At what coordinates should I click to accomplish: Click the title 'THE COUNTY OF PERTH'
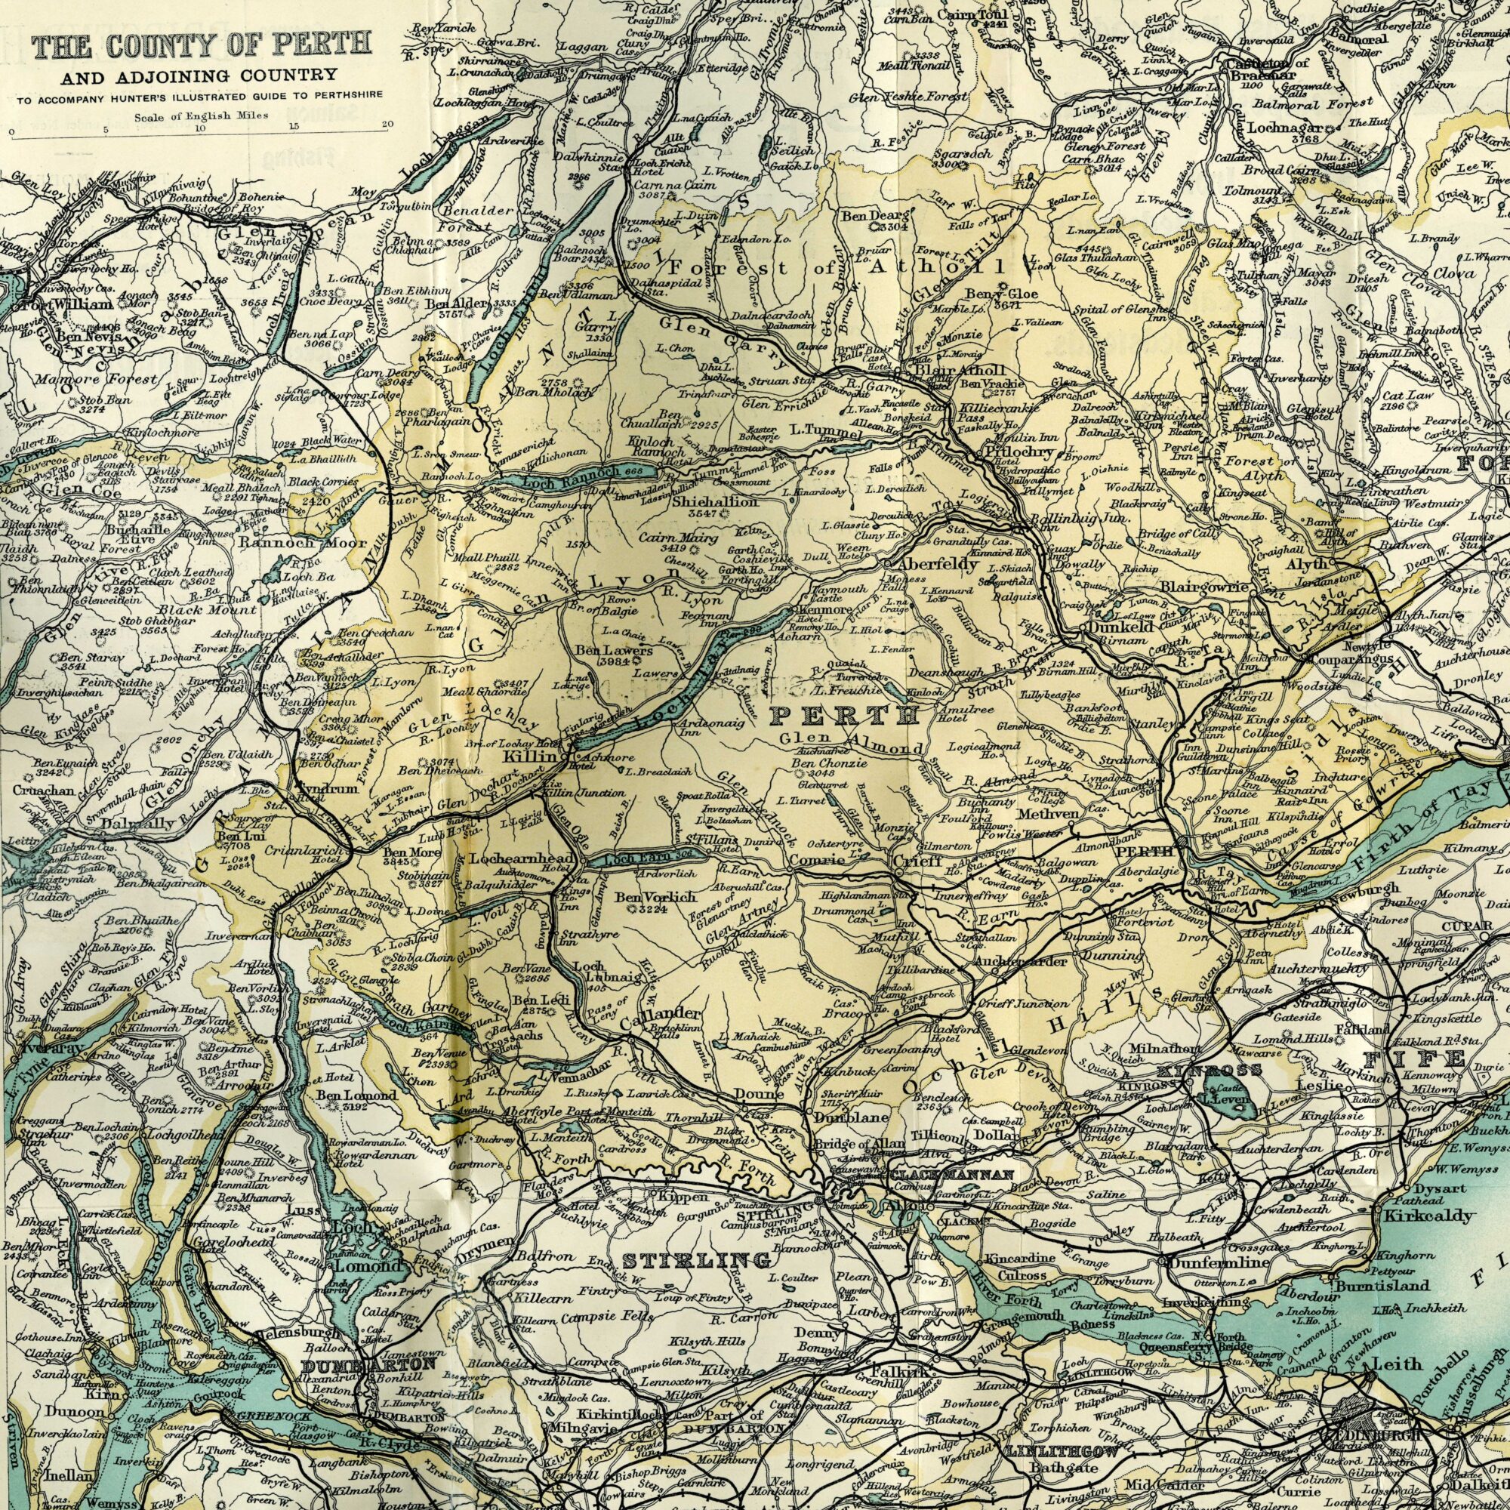click(202, 44)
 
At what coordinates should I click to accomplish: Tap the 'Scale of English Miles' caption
click(202, 116)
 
